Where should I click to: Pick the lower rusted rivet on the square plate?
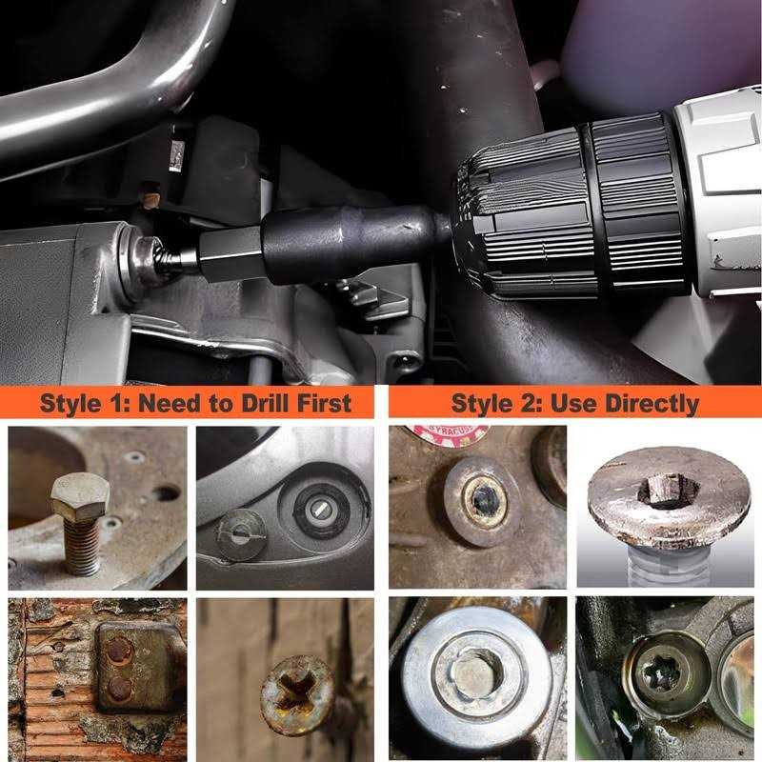(x=118, y=688)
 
